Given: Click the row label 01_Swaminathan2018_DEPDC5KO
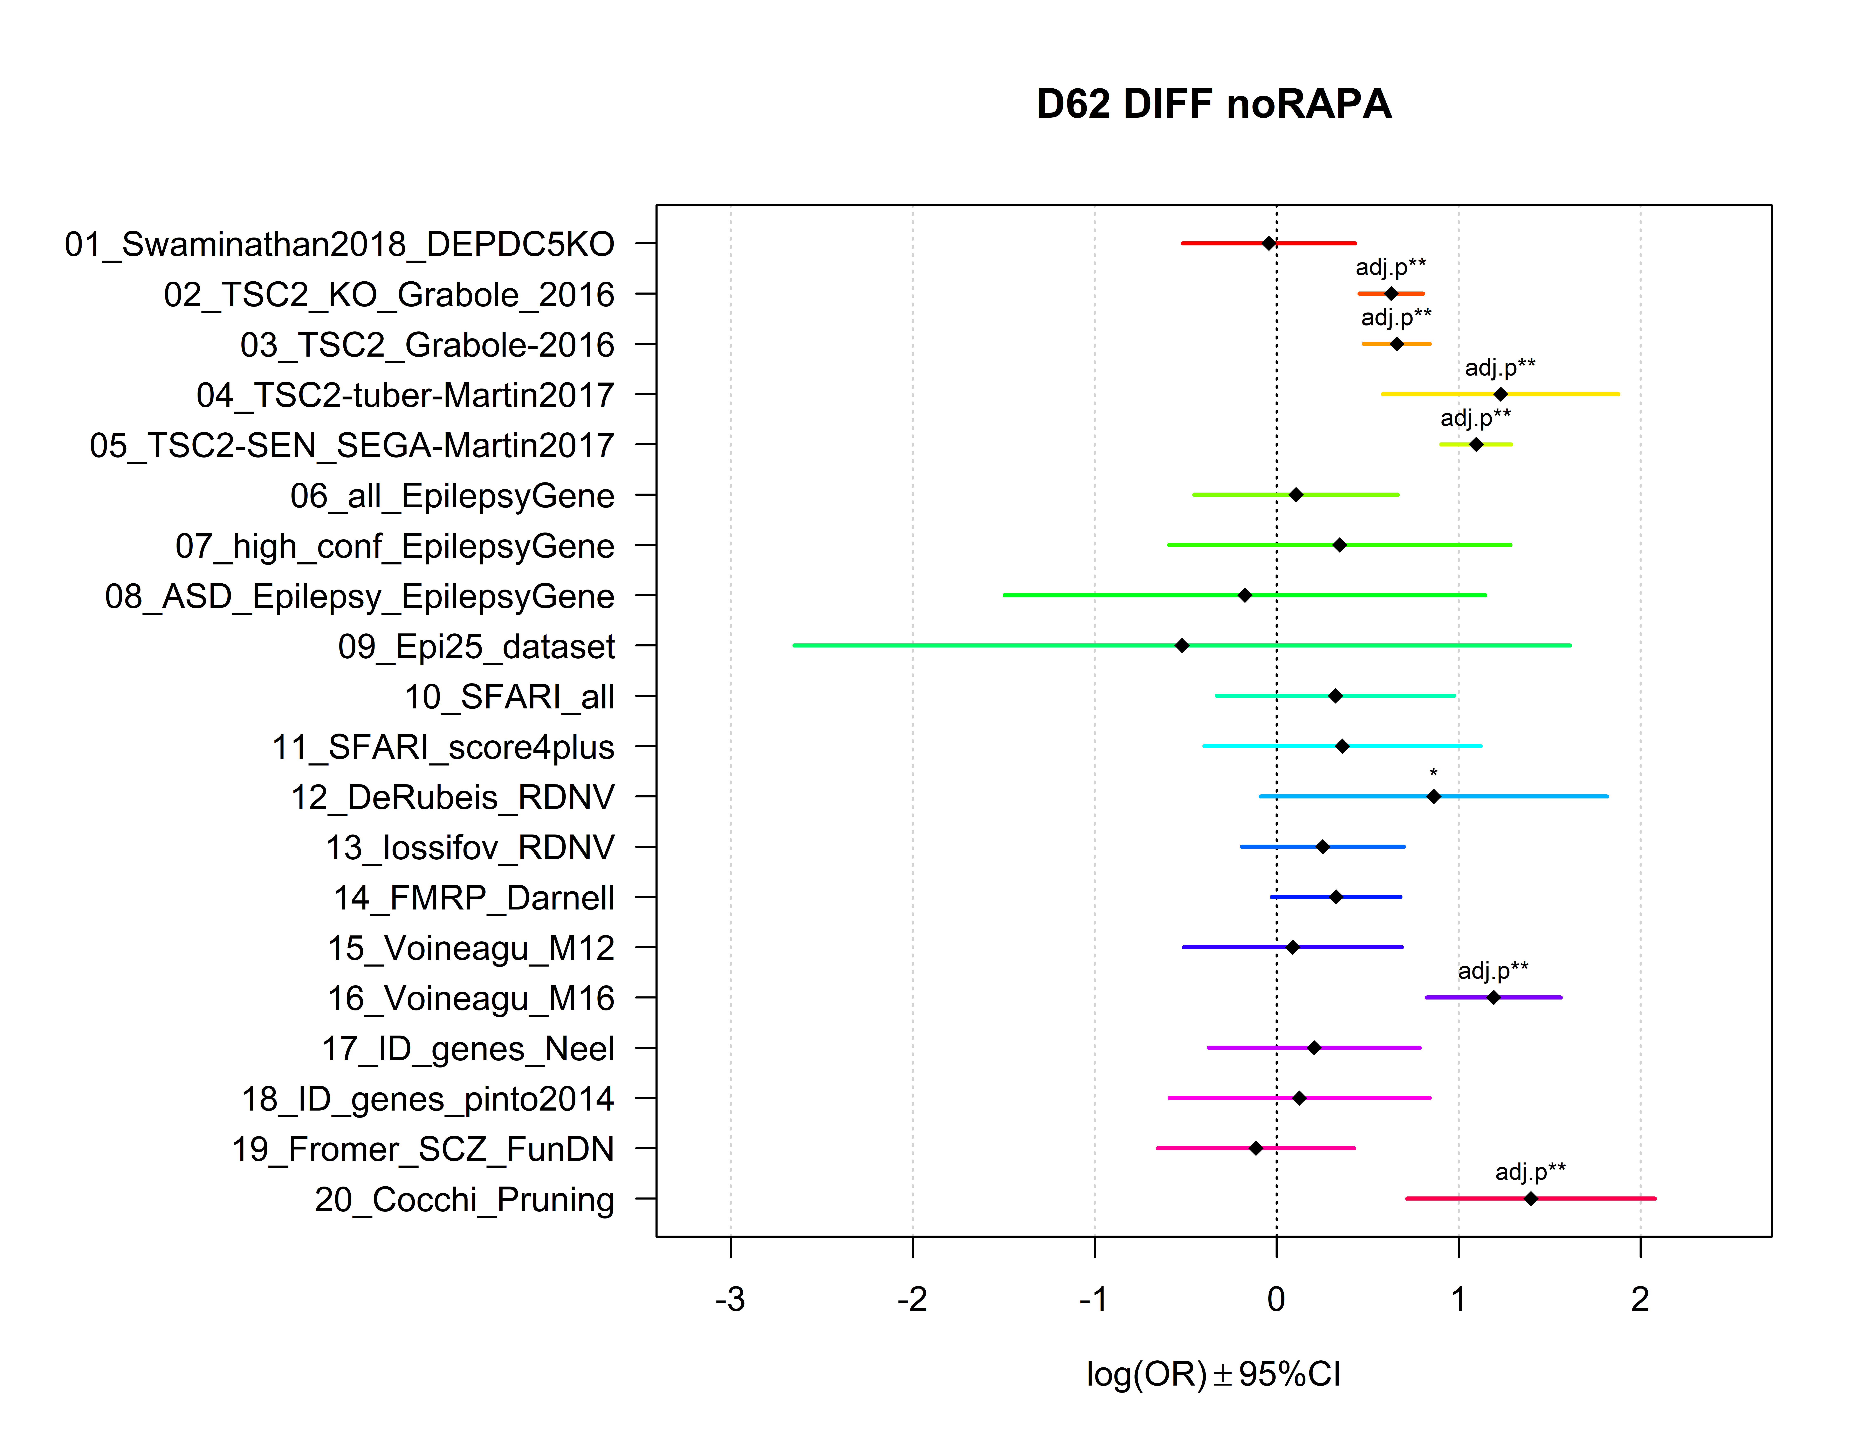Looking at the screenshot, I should (339, 245).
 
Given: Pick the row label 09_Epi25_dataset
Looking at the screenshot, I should (476, 647).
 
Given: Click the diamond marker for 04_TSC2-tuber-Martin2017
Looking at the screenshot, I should (1500, 394).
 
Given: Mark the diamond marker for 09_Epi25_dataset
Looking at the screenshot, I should (1182, 646).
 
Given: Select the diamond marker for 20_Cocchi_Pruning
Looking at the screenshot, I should (1531, 1199).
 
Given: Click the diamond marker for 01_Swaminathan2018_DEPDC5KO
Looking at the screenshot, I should (1268, 243).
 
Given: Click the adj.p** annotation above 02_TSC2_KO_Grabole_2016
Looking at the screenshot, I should (1390, 267).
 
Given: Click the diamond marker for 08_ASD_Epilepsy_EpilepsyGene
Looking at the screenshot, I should (1244, 595).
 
